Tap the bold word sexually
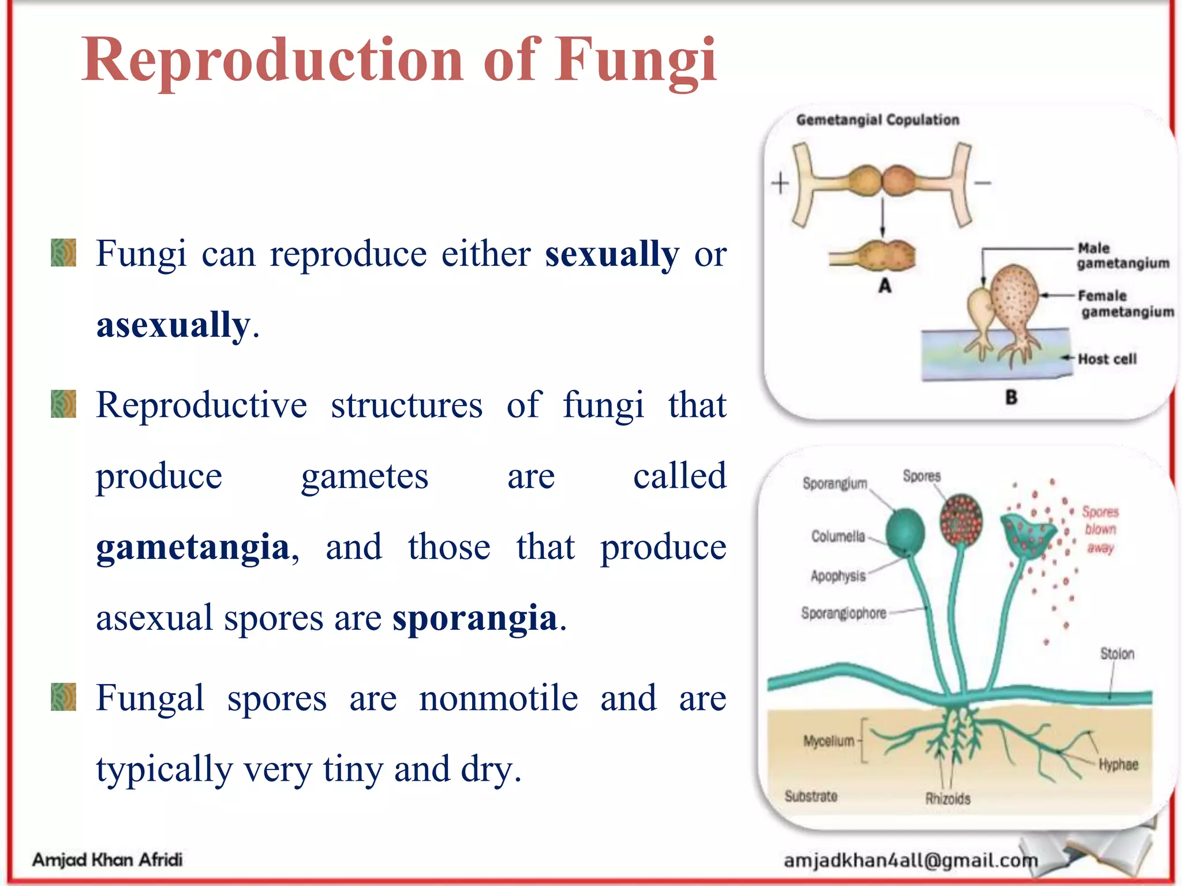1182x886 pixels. (612, 254)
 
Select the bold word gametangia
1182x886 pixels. (193, 547)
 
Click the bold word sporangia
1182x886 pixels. (474, 618)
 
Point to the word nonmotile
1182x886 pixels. (498, 699)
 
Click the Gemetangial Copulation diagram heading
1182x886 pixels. (877, 120)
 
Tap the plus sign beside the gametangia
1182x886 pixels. (780, 183)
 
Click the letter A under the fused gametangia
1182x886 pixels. (885, 286)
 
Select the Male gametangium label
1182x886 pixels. (1122, 256)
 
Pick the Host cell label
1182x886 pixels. (1107, 359)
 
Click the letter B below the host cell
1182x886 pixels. (1011, 397)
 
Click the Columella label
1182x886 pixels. (838, 536)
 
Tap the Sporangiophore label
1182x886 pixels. (843, 613)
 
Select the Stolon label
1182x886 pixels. (1117, 654)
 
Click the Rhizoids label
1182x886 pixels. (948, 798)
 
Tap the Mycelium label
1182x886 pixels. (828, 741)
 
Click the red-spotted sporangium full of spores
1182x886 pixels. (961, 519)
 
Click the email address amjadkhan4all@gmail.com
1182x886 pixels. (910, 861)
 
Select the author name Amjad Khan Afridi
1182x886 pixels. (107, 859)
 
